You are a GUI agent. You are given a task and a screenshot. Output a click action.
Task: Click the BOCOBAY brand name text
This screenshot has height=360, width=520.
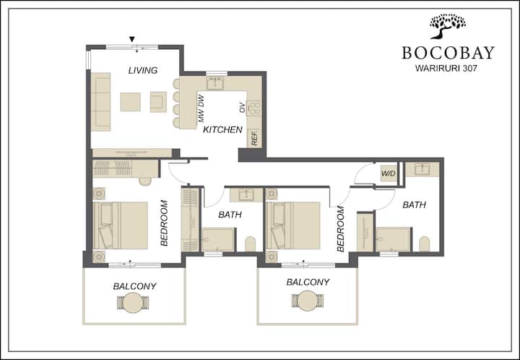(x=448, y=53)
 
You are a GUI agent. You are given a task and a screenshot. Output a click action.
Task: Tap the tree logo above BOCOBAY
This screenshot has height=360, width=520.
(x=448, y=26)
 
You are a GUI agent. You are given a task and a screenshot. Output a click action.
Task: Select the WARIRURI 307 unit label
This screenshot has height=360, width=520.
(x=446, y=69)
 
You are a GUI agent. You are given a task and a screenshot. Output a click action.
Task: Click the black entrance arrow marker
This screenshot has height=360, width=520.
(x=132, y=39)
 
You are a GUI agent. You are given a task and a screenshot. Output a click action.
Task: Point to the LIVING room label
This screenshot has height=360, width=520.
(x=142, y=70)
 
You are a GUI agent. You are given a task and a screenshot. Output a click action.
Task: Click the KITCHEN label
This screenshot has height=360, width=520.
(x=222, y=129)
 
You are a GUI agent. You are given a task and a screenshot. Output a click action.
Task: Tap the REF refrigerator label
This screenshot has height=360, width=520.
(x=255, y=137)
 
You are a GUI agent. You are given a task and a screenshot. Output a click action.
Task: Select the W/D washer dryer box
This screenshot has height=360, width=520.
(x=389, y=173)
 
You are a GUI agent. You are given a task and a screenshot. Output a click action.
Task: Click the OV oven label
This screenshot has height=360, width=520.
(x=242, y=108)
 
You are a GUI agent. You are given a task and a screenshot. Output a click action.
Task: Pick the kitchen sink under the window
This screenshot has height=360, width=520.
(x=215, y=83)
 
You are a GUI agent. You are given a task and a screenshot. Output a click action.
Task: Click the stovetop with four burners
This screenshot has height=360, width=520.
(x=254, y=108)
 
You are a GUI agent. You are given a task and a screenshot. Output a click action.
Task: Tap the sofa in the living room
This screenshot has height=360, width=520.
(x=101, y=102)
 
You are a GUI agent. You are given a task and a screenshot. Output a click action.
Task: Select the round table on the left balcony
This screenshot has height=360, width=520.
(x=133, y=303)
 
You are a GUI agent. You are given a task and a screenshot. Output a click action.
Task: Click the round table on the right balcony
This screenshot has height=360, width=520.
(x=308, y=301)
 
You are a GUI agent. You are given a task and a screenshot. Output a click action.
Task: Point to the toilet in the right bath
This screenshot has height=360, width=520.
(x=424, y=244)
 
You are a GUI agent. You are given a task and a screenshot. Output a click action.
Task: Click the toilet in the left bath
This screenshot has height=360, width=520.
(x=251, y=244)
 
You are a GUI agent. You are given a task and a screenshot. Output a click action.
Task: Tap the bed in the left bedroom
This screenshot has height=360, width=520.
(x=120, y=226)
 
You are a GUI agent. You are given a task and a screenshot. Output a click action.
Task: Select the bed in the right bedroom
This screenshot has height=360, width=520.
(x=293, y=226)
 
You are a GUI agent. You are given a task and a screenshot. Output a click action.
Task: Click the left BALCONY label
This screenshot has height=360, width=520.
(x=134, y=286)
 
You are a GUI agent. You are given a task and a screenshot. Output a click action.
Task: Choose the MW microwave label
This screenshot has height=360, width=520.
(x=201, y=116)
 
